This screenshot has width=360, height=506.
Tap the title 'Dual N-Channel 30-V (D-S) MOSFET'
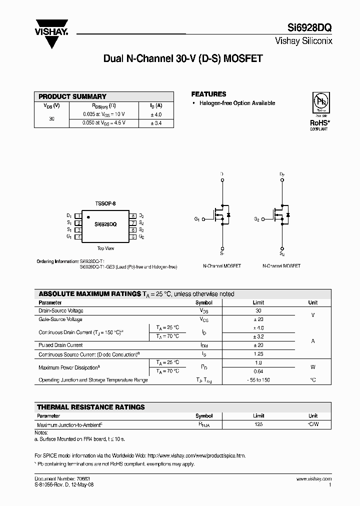(182, 58)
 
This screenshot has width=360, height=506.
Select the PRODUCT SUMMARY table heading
(72, 96)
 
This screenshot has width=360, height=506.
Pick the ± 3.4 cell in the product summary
(156, 122)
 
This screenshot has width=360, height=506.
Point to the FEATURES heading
(208, 94)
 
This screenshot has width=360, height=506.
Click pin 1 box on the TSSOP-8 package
(78, 216)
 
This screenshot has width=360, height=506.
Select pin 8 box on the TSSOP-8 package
(133, 216)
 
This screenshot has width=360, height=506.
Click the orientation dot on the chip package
(88, 217)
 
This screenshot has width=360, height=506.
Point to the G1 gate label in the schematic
(197, 219)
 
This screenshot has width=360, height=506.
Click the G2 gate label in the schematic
(256, 219)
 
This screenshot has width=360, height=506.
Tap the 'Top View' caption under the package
(105, 248)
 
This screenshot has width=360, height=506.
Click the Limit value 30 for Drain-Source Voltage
(258, 310)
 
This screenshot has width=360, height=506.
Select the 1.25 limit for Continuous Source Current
(258, 354)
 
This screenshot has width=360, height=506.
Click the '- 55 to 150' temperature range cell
(258, 380)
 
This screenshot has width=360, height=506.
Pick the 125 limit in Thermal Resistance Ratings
(258, 424)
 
